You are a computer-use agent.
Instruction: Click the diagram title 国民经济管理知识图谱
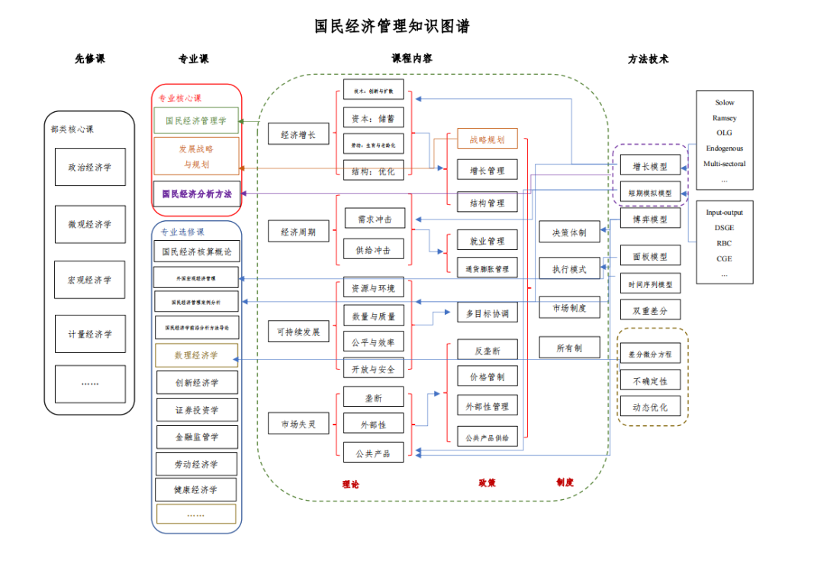tap(392, 27)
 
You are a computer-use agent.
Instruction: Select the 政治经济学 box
tap(90, 168)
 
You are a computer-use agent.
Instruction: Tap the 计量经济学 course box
tap(90, 334)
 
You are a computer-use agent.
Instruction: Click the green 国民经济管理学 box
tap(196, 120)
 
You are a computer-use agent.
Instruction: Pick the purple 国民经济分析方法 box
tap(196, 194)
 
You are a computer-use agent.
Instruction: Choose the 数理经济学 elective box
tap(196, 355)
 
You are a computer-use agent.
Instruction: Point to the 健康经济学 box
tap(196, 489)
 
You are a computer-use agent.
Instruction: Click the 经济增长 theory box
tap(298, 135)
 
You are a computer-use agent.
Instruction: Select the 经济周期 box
tap(298, 232)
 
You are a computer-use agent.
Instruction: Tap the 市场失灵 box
tap(298, 423)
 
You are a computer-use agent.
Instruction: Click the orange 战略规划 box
tap(487, 139)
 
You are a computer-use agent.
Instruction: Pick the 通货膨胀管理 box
tap(487, 268)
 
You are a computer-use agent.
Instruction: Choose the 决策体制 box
tap(569, 232)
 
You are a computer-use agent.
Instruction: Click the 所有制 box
tap(569, 348)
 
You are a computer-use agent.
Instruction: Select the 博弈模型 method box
tap(649, 220)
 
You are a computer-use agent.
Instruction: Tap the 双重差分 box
tap(649, 310)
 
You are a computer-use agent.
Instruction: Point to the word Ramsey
tap(724, 118)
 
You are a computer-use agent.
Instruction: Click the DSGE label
tap(724, 228)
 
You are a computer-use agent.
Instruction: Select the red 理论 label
tap(351, 483)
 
